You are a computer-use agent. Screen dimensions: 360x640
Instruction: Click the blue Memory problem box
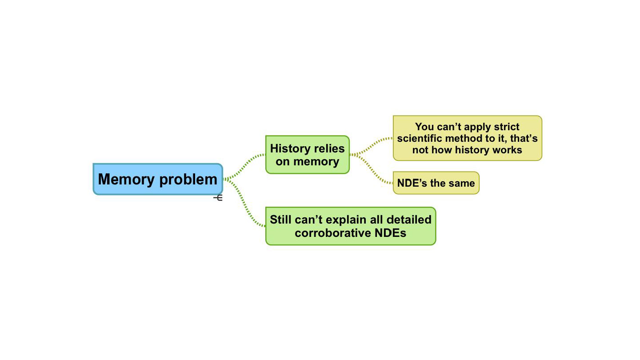pyautogui.click(x=157, y=179)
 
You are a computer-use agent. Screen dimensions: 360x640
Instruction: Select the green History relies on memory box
pyautogui.click(x=307, y=154)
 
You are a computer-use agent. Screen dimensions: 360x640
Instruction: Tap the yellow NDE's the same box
pyautogui.click(x=436, y=183)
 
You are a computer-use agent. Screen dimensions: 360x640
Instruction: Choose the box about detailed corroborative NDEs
pyautogui.click(x=350, y=226)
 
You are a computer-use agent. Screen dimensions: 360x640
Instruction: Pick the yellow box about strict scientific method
pyautogui.click(x=467, y=138)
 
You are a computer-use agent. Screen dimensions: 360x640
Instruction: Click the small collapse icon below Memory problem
pyautogui.click(x=218, y=197)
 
